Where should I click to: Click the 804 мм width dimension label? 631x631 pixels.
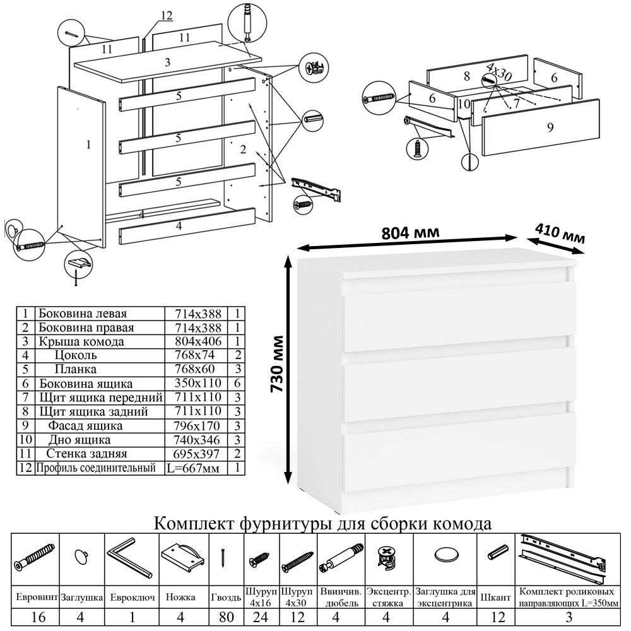(x=411, y=233)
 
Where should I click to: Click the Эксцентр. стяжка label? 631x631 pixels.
(x=389, y=597)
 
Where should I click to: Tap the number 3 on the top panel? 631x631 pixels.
(x=167, y=62)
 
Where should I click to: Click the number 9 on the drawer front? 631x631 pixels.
(x=550, y=127)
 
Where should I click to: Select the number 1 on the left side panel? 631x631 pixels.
(x=88, y=144)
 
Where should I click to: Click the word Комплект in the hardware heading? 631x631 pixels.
(x=195, y=524)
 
